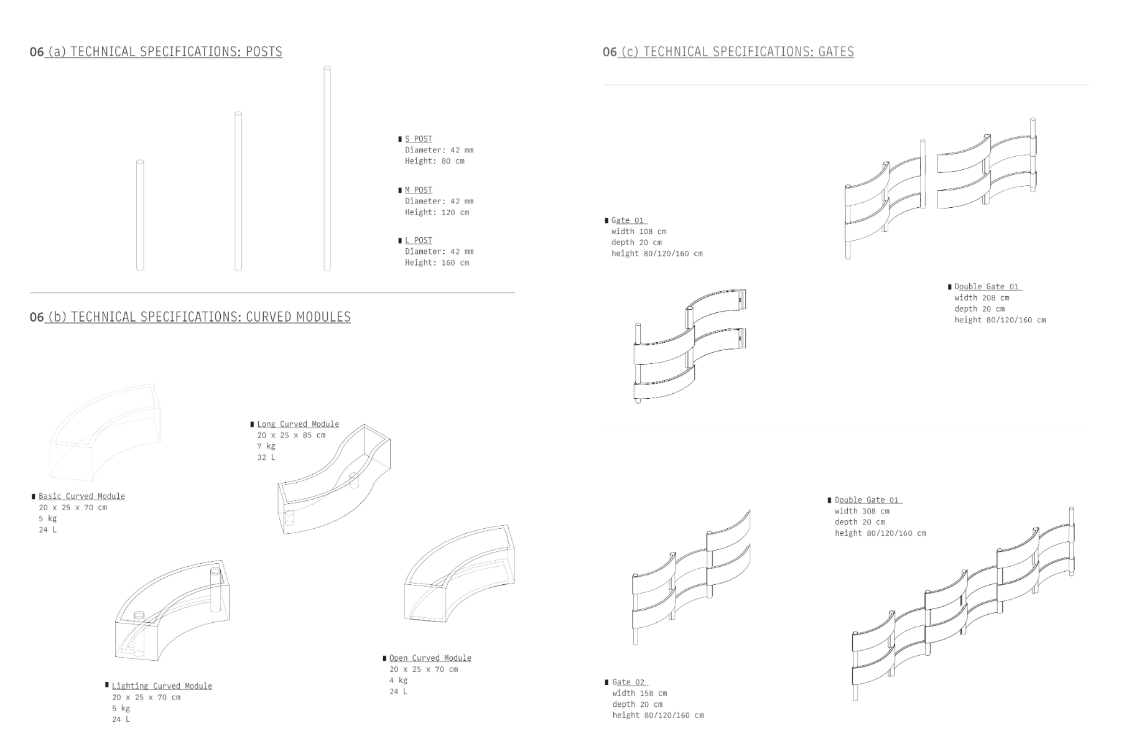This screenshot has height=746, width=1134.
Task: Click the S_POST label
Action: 418,139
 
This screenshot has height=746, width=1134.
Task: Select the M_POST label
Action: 418,190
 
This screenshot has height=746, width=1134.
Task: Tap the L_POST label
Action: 418,240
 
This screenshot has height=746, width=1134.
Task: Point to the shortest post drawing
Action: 140,215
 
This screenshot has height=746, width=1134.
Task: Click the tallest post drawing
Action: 327,168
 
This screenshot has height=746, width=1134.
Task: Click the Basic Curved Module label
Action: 81,496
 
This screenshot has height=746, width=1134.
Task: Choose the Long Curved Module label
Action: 298,424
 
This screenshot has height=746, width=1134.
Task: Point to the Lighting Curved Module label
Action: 162,686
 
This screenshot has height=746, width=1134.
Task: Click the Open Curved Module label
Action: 430,658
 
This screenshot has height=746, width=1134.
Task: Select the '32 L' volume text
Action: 266,457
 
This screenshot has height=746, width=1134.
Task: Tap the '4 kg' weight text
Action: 398,680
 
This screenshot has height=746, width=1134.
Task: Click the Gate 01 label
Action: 627,220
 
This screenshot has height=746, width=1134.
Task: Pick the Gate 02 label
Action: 628,682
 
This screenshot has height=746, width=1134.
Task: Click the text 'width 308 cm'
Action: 862,511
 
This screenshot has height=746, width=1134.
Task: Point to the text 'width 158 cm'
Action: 639,693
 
